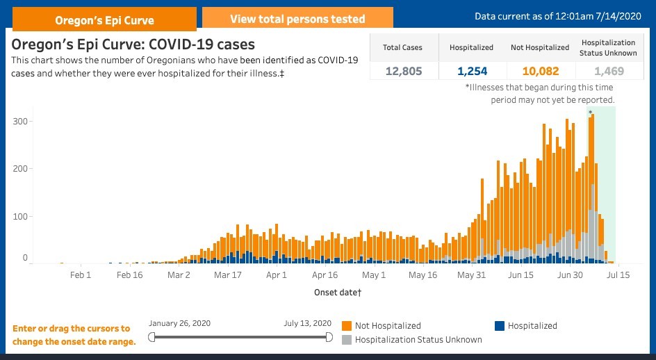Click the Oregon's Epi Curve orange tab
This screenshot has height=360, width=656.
point(104,19)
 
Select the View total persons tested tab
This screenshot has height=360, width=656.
point(297,19)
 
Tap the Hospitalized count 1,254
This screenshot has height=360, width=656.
point(471,71)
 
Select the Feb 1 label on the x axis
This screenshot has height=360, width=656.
point(81,275)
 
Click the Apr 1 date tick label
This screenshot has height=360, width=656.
point(277,275)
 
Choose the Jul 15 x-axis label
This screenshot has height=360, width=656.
point(618,275)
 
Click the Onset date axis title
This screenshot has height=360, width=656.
point(337,293)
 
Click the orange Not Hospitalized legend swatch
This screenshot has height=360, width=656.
point(346,325)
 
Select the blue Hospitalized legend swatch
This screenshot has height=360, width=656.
point(499,325)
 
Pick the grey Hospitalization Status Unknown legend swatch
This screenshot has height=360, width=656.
point(346,340)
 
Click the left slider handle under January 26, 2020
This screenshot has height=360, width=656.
point(152,337)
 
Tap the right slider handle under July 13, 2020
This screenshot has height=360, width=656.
point(329,337)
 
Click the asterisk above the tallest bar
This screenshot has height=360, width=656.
point(590,112)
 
